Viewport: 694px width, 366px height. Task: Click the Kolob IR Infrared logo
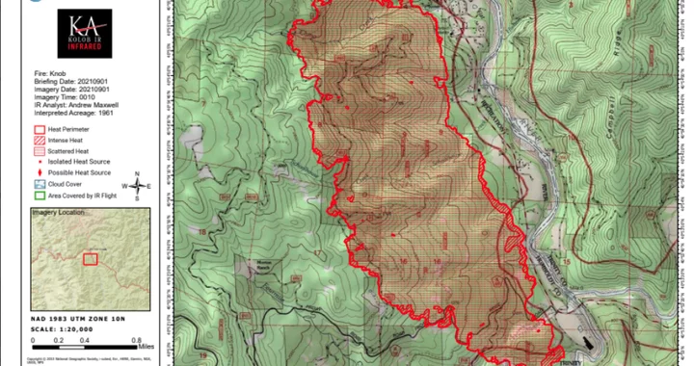point(85,34)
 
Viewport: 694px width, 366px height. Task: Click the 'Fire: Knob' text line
point(54,73)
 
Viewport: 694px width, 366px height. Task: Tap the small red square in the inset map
point(90,259)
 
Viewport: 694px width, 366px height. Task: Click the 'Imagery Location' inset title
point(58,212)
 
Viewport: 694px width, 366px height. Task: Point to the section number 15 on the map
point(568,260)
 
